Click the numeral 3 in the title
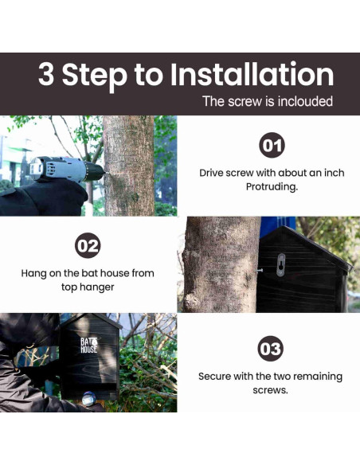pyautogui.click(x=46, y=74)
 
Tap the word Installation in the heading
pyautogui.click(x=252, y=74)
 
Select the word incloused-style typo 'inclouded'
pyautogui.click(x=305, y=101)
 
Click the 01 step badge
pyautogui.click(x=272, y=145)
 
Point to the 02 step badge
pyautogui.click(x=88, y=245)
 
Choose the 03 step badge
pyautogui.click(x=270, y=349)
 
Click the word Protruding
pyautogui.click(x=272, y=187)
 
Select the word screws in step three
pyautogui.click(x=270, y=390)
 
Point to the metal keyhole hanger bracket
pyautogui.click(x=280, y=264)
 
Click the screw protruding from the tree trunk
pyautogui.click(x=259, y=270)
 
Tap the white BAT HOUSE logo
pyautogui.click(x=89, y=346)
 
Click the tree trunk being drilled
pyautogui.click(x=129, y=166)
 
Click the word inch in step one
pyautogui.click(x=334, y=173)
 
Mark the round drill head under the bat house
pyautogui.click(x=89, y=399)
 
